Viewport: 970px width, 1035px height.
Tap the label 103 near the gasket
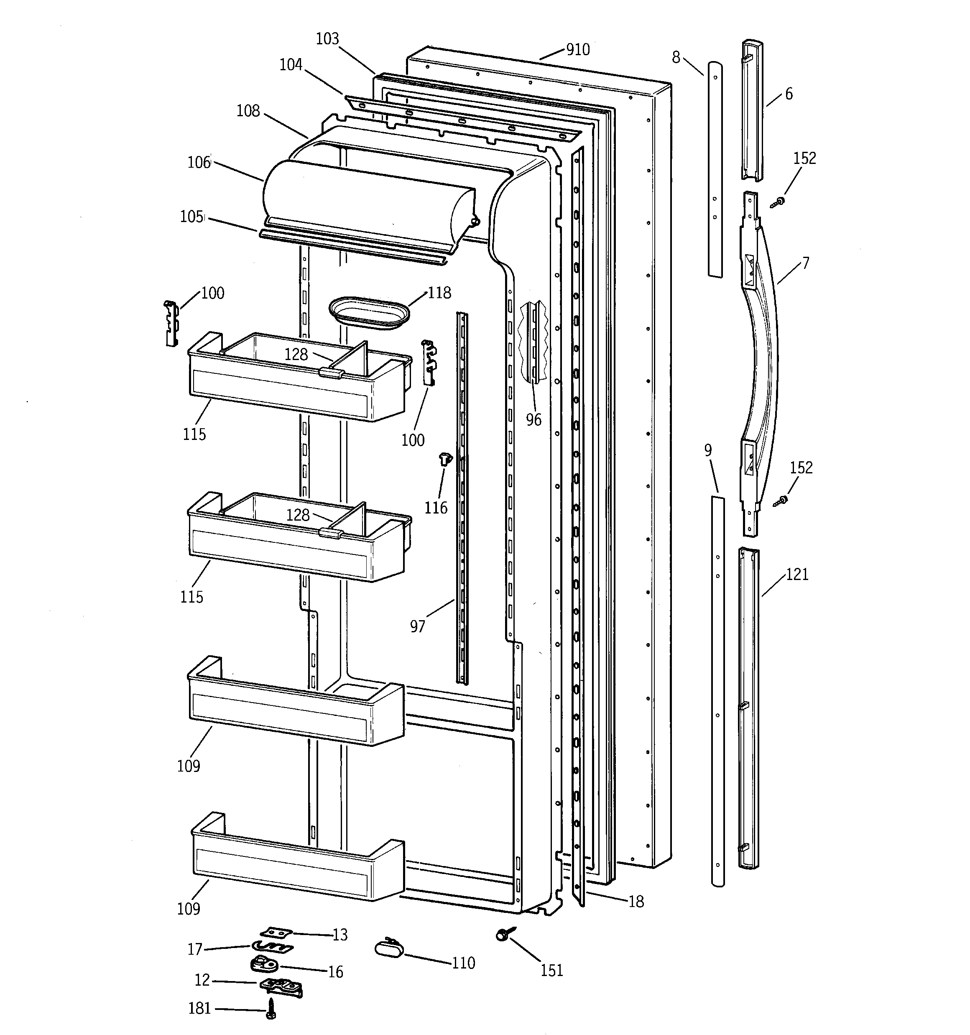[327, 39]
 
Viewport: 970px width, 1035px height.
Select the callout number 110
[463, 963]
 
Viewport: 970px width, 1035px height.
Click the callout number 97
[418, 626]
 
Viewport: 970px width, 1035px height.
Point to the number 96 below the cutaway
[533, 419]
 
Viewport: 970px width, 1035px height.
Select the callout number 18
[636, 902]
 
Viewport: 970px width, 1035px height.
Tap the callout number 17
[195, 950]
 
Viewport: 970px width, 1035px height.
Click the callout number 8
[676, 57]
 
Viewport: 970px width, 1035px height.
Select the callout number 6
[789, 94]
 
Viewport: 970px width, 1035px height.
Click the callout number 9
[708, 450]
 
